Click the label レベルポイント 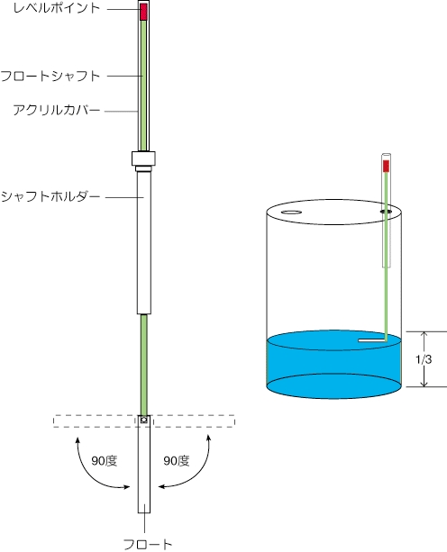pyautogui.click(x=57, y=8)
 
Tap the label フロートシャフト pyautogui.click(x=50, y=76)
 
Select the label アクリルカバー pyautogui.click(x=57, y=110)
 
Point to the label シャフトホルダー pyautogui.click(x=50, y=196)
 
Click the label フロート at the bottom pyautogui.click(x=148, y=544)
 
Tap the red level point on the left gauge pyautogui.click(x=143, y=12)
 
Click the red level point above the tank pyautogui.click(x=386, y=166)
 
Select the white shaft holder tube pyautogui.click(x=144, y=242)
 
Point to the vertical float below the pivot pyautogui.click(x=144, y=464)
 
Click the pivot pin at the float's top pyautogui.click(x=143, y=420)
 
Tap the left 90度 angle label pyautogui.click(x=105, y=461)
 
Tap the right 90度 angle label pyautogui.click(x=177, y=461)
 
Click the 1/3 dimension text pyautogui.click(x=424, y=359)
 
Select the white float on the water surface pyautogui.click(x=372, y=340)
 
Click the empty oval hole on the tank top pyautogui.click(x=291, y=213)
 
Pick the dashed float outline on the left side pyautogui.click(x=94, y=421)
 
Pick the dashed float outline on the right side pyautogui.click(x=194, y=421)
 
